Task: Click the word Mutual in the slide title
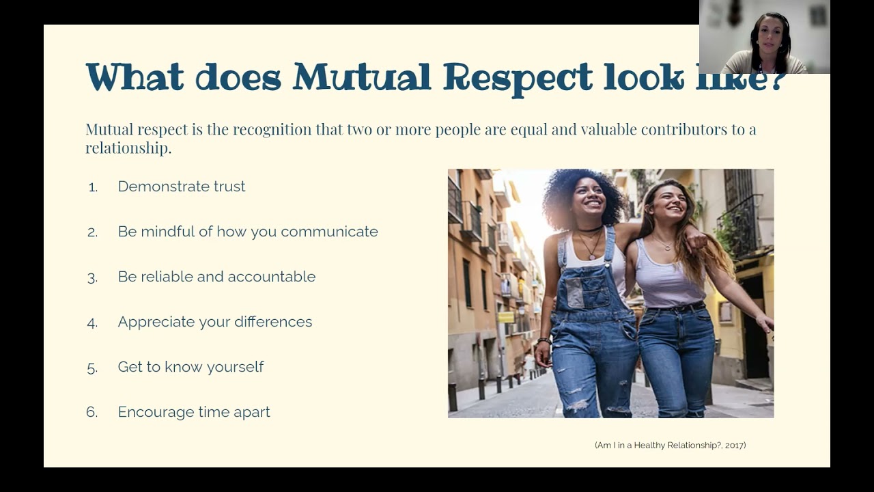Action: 362,77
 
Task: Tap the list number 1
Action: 93,187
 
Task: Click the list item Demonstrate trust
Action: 182,187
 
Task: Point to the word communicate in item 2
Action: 329,232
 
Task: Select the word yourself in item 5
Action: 235,367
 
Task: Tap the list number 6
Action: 92,412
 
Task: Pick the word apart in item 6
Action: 252,413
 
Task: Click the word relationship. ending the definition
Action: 128,148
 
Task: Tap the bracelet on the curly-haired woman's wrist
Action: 544,340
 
